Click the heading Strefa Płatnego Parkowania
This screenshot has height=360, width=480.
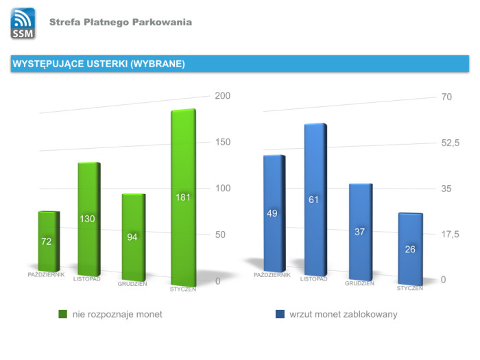121,23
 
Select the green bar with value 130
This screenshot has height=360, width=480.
88,219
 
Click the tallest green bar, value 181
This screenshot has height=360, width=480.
183,199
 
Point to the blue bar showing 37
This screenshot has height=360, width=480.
359,232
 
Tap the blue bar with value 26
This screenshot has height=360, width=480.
410,248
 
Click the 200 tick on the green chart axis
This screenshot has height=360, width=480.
223,96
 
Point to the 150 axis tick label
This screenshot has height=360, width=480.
223,142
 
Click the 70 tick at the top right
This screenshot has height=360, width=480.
446,97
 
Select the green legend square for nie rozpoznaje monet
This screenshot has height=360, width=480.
62,314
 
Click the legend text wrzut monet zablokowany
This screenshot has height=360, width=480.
344,314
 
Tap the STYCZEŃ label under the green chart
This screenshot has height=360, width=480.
183,289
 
